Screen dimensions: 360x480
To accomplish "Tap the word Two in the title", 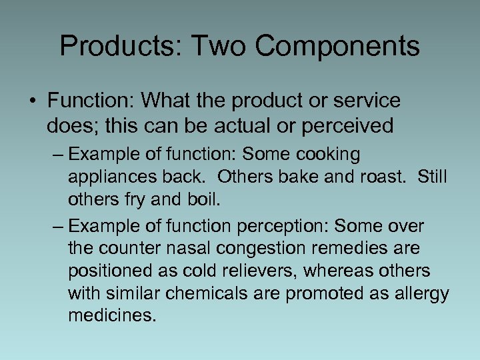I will [x=218, y=46].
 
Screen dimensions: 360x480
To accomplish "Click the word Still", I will [x=433, y=178].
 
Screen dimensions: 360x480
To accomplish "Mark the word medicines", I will [x=112, y=315].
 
